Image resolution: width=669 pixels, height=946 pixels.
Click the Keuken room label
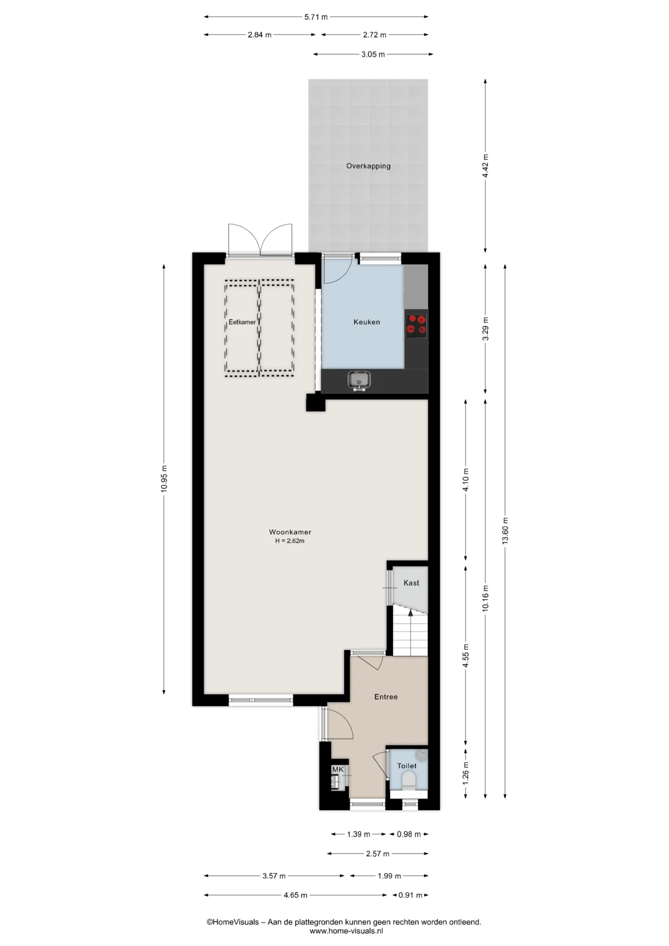pyautogui.click(x=367, y=322)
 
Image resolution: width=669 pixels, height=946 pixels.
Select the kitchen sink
pyautogui.click(x=359, y=380)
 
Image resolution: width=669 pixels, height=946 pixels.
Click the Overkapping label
pyautogui.click(x=368, y=166)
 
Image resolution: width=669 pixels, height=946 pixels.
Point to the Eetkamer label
pyautogui.click(x=242, y=322)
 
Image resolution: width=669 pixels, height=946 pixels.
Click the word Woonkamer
pyautogui.click(x=290, y=532)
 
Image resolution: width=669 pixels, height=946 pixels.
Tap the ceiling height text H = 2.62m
pyautogui.click(x=290, y=541)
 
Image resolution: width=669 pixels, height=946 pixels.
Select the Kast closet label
pyautogui.click(x=411, y=583)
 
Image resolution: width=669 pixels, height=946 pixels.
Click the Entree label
pyautogui.click(x=386, y=697)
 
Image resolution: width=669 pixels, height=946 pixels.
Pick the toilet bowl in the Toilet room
pyautogui.click(x=409, y=780)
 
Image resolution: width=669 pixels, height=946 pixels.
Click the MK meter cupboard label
pyautogui.click(x=338, y=770)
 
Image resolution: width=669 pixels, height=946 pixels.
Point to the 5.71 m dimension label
pyautogui.click(x=316, y=17)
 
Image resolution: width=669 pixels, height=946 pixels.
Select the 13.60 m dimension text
pyautogui.click(x=505, y=531)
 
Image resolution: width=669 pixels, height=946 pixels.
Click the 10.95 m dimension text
pyautogui.click(x=164, y=478)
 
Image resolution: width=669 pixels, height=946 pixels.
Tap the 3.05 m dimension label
pyautogui.click(x=373, y=54)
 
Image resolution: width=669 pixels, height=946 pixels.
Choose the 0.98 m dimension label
pyautogui.click(x=409, y=834)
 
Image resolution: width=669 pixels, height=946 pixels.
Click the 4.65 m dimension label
pyautogui.click(x=295, y=895)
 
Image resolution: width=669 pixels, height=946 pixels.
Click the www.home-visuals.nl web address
pyautogui.click(x=346, y=931)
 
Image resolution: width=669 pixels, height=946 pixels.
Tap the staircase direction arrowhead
pyautogui.click(x=410, y=612)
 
